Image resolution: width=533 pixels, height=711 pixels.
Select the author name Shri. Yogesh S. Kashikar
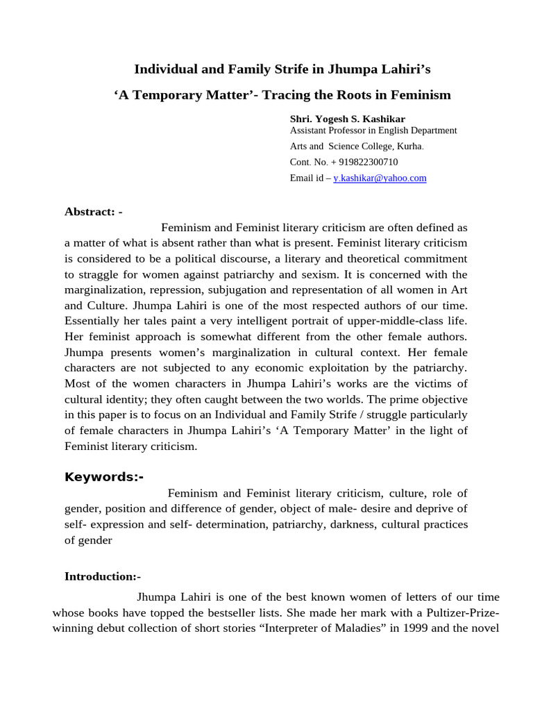click(x=347, y=119)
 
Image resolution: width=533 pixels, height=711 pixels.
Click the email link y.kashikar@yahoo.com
click(x=380, y=178)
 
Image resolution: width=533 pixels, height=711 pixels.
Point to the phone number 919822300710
click(x=367, y=162)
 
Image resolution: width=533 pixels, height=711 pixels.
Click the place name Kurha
click(x=409, y=146)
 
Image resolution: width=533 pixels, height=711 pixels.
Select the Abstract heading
click(x=93, y=212)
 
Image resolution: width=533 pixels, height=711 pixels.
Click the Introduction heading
click(x=102, y=576)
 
